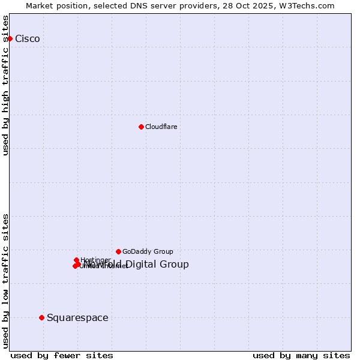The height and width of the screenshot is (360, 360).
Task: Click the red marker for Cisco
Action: coord(10,39)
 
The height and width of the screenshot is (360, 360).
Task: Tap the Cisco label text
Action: coord(28,39)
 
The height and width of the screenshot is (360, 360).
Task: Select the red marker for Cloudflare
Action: coord(141,127)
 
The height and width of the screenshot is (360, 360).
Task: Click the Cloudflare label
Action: coord(161,127)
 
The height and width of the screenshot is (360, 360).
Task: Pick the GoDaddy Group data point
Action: coord(118,251)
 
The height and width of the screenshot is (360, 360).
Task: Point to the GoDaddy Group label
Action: coord(148,251)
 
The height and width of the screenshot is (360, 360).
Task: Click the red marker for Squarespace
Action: coord(41,317)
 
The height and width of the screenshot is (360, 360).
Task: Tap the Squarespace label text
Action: coord(77,317)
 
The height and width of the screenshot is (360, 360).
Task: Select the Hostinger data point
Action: coord(77,260)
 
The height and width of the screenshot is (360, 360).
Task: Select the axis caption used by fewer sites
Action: coord(62,355)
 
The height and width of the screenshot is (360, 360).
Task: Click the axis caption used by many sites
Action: coord(301,355)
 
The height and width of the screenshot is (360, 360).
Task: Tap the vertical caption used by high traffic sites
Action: coord(5,85)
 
